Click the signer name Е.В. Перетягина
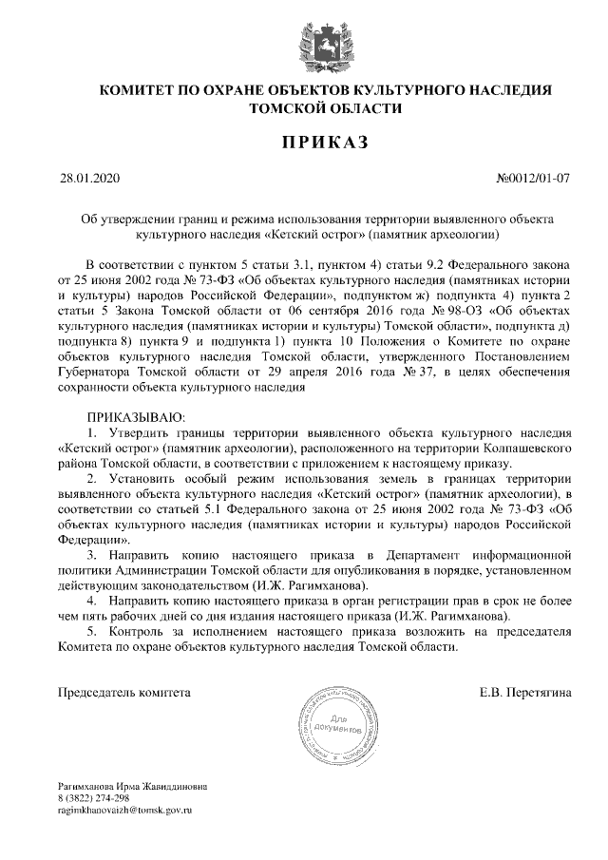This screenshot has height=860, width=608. coord(525,692)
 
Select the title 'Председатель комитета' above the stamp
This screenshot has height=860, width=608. coord(124,692)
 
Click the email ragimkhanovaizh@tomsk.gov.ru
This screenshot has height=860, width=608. coord(124,810)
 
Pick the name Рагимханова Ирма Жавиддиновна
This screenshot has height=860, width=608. coord(132,787)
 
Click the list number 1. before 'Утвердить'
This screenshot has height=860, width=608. coord(92,431)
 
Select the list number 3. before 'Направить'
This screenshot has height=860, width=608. coord(92,553)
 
